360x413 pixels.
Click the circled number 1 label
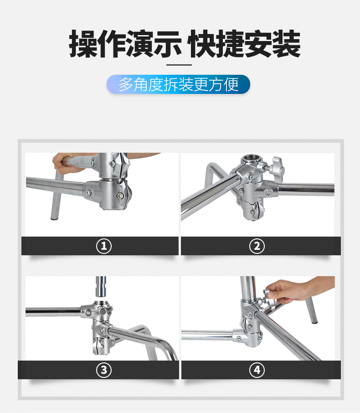tap(104, 246)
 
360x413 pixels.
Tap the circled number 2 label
tap(257, 246)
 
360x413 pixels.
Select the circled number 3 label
tap(104, 370)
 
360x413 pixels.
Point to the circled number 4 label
tap(257, 370)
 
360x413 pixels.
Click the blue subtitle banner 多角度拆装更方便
tap(179, 84)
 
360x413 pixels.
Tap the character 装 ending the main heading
tap(286, 44)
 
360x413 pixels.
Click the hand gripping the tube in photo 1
tap(66, 162)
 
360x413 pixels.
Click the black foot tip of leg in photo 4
tap(314, 321)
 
